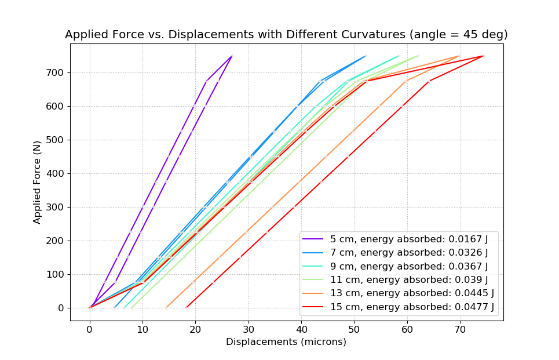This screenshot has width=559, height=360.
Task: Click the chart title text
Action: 286,34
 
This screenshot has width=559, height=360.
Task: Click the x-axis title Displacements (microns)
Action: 286,342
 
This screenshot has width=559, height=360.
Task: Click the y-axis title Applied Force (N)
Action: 37,182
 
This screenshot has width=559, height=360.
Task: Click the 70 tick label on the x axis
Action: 460,329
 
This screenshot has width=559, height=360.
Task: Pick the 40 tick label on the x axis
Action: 301,329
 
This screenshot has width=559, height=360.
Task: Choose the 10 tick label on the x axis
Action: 143,329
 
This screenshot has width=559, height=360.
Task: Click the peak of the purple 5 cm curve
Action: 232,56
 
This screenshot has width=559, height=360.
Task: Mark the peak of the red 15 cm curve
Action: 483,56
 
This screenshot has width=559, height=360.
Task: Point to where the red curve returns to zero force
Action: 186,308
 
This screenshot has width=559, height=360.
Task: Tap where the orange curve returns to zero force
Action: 166,308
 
